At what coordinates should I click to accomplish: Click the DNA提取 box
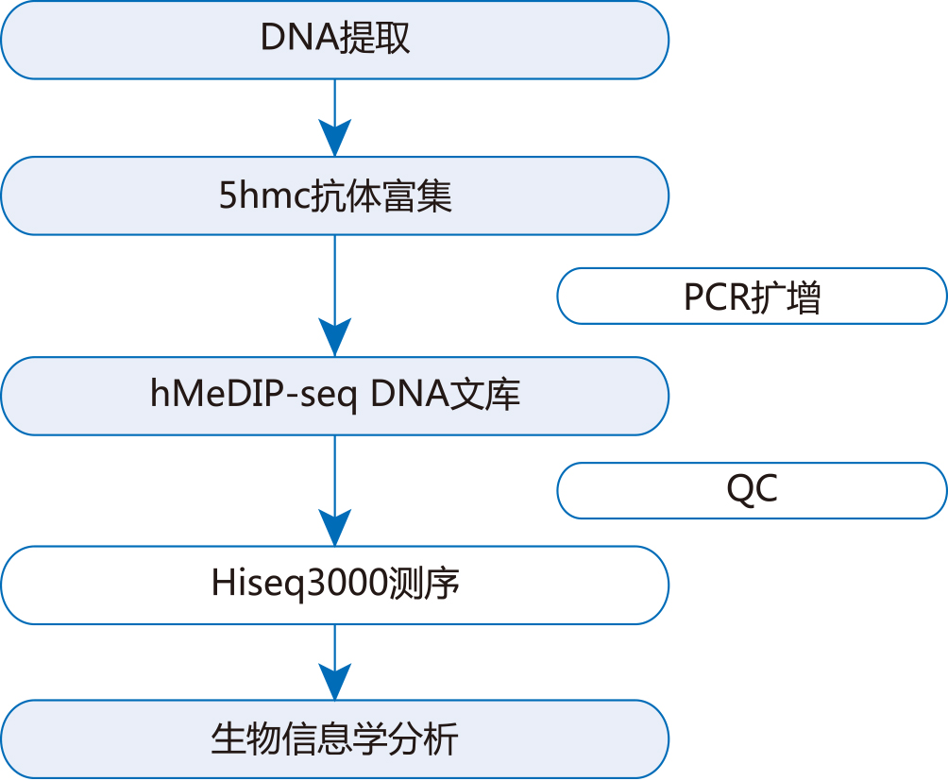coord(335,40)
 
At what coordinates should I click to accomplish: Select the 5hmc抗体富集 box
coord(335,195)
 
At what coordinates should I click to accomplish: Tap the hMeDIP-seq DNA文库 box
coord(335,396)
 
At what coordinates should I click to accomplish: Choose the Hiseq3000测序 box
coord(335,586)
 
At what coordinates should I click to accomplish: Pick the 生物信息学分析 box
coord(335,739)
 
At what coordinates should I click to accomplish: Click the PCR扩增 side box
coord(752,297)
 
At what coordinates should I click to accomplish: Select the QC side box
coord(752,491)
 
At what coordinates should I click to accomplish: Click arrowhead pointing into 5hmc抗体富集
coord(335,138)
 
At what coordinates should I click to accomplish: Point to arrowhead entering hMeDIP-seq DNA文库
coord(335,338)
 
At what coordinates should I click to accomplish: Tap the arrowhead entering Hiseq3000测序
coord(335,528)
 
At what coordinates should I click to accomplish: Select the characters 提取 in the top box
coord(376,38)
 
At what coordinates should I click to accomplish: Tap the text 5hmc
coord(264,195)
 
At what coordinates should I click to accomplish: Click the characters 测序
coord(424,584)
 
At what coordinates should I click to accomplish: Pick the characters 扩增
coord(786,297)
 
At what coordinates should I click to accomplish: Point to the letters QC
coord(753,489)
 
